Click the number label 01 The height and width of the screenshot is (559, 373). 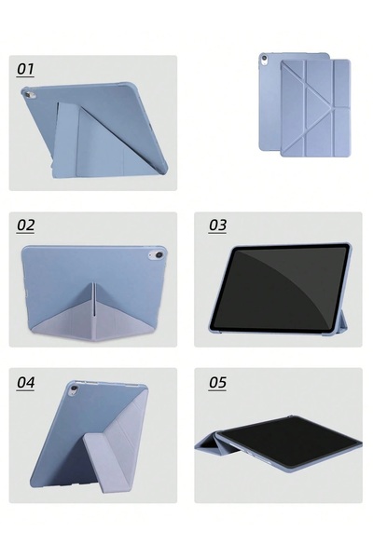(25, 68)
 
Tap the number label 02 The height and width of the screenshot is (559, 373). (25, 225)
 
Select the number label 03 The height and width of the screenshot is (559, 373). (217, 225)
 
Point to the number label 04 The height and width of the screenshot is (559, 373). (25, 382)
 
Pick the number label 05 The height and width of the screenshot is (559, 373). (217, 382)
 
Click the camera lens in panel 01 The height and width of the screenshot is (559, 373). (28, 95)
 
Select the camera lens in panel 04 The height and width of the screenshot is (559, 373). (74, 389)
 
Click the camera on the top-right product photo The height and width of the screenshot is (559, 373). (264, 58)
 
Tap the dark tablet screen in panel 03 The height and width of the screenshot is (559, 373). (280, 287)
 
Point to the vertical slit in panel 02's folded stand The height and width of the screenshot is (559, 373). (93, 299)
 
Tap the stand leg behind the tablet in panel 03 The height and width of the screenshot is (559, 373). (342, 320)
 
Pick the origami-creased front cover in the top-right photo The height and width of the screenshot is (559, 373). (315, 108)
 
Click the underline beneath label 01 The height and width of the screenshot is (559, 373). (26, 76)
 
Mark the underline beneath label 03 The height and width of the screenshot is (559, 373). (217, 233)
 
